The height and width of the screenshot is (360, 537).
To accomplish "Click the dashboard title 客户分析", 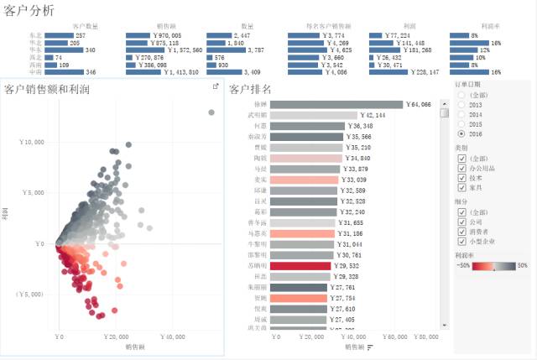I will (x=29, y=10).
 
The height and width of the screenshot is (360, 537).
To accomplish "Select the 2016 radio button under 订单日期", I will (x=461, y=133).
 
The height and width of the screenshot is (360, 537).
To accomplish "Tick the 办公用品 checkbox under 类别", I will (x=461, y=168).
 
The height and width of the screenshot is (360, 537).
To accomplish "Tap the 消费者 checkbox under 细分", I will (x=461, y=232).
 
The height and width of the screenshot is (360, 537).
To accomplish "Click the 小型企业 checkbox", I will (x=461, y=243).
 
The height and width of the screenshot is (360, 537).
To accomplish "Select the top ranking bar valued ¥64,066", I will (x=336, y=105).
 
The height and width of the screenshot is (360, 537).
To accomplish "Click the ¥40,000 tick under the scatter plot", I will (x=172, y=337).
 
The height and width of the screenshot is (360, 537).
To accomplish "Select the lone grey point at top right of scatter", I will (x=211, y=112).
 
